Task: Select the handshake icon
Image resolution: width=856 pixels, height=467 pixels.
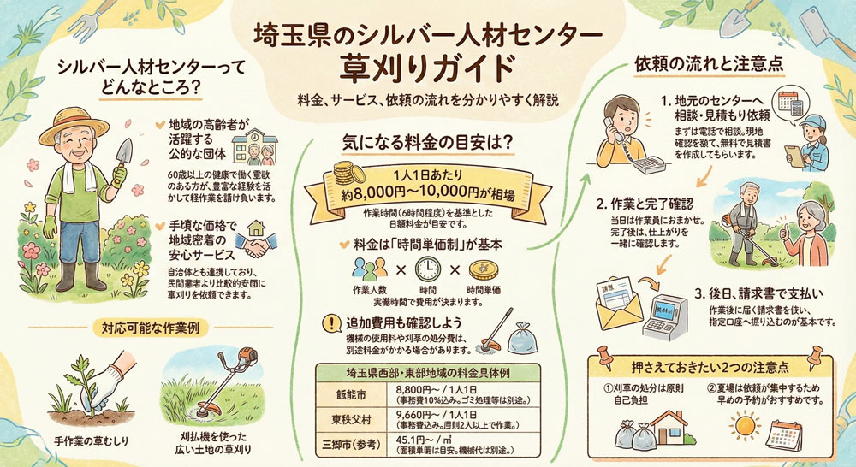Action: [x=250, y=245]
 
